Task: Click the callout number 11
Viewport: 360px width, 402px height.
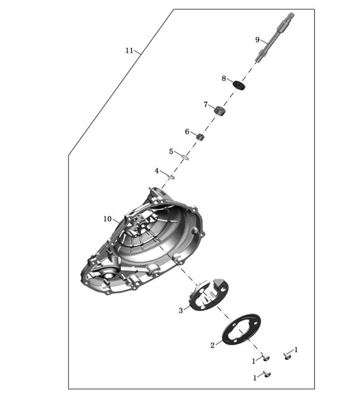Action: [129, 51]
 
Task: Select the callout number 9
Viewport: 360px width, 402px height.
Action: [257, 40]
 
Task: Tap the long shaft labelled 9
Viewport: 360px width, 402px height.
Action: [275, 37]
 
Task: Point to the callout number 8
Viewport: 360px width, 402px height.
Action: [224, 78]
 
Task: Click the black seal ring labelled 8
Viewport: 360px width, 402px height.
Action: [239, 85]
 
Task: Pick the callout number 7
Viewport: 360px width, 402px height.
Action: [205, 105]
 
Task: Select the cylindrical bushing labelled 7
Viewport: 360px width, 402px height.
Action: [220, 111]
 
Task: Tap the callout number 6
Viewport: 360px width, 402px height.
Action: [187, 132]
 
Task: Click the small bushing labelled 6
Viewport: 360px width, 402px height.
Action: [200, 137]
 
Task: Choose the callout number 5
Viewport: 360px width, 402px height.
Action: [171, 152]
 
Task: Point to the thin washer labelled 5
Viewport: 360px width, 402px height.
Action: [186, 156]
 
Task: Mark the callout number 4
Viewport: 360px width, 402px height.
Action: [156, 171]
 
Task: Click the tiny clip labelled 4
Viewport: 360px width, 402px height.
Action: [172, 176]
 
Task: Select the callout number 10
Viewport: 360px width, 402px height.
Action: [108, 219]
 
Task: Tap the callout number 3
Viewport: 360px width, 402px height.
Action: [181, 310]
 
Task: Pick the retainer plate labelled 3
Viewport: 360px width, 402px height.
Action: [208, 294]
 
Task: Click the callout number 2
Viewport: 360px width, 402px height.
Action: [212, 345]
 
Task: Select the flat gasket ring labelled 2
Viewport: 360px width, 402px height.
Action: [241, 328]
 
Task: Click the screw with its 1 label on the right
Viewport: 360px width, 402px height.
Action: [287, 356]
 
